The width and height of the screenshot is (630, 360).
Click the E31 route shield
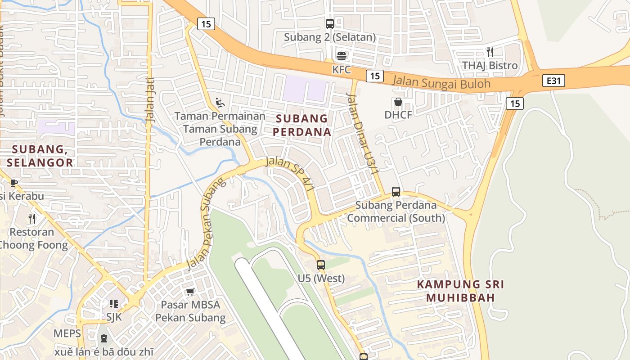pos(553,81)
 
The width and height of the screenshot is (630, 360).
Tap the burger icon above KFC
pos(342,56)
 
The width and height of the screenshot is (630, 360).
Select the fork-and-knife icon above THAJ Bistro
pos(490,52)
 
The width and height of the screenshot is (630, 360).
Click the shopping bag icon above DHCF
pos(398,102)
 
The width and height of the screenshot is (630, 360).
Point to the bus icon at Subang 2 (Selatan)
pos(330,23)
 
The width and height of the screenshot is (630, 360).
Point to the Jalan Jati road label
pos(150,106)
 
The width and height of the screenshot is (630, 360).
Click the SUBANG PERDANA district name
pos(302,125)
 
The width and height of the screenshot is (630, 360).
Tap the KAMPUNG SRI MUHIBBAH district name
pos(460,291)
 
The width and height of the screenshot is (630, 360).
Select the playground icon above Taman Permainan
pos(220,103)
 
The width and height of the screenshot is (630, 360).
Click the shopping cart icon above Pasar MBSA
pos(190,292)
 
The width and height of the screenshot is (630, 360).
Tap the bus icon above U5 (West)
pos(321,265)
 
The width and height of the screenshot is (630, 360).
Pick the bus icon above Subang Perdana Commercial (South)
pos(396,192)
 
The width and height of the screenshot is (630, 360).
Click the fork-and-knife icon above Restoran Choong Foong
pos(32,219)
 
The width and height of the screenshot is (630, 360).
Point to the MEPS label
pos(67,333)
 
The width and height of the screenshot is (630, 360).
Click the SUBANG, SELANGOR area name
pos(40,156)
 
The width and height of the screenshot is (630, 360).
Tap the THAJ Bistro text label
pos(490,66)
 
